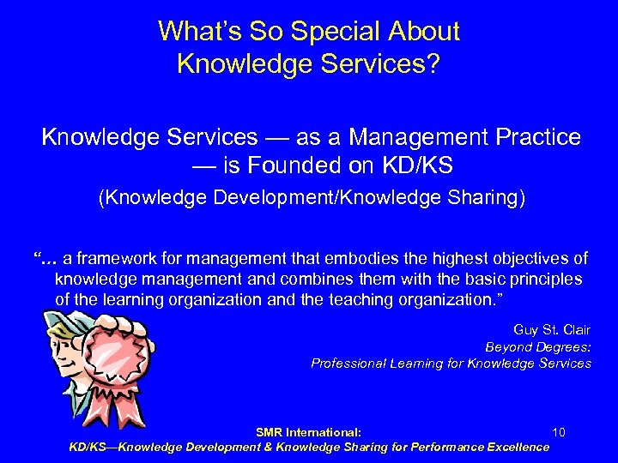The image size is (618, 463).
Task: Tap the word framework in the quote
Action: click(x=123, y=259)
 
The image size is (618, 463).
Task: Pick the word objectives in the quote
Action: click(x=530, y=259)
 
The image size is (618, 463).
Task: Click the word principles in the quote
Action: click(x=541, y=280)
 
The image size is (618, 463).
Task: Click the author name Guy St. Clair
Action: click(x=552, y=330)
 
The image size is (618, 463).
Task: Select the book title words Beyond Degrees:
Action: click(x=538, y=346)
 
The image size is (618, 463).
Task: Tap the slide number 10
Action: click(x=559, y=432)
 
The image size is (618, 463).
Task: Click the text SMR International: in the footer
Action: click(x=308, y=432)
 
